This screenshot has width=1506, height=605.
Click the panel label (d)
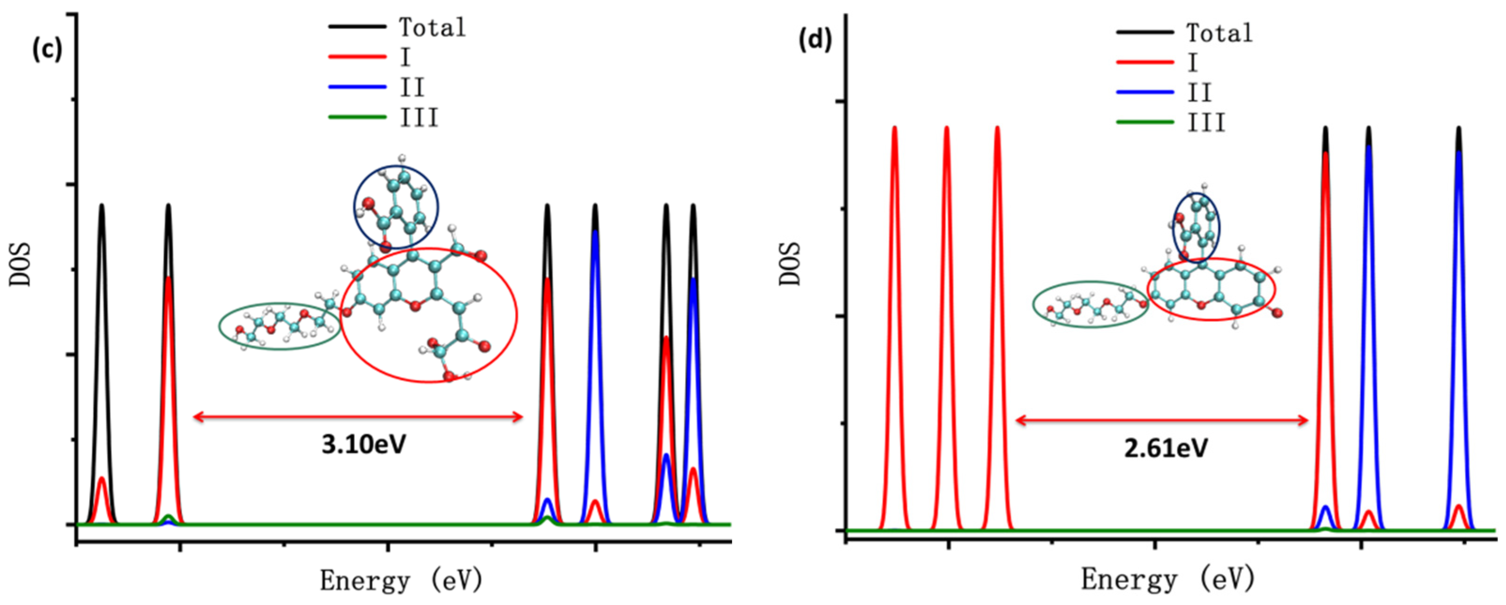[815, 41]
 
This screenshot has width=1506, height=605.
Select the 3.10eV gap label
[364, 445]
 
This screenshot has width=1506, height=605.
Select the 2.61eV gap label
[1166, 448]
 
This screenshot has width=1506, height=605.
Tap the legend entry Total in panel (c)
[432, 28]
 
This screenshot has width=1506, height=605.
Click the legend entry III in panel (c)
[418, 118]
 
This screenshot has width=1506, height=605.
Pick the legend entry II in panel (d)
[1199, 92]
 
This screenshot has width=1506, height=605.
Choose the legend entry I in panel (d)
[1193, 62]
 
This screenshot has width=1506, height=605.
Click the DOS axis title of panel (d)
[791, 264]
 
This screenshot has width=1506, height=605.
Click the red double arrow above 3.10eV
[358, 417]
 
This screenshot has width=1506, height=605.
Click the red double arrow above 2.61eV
[1162, 420]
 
